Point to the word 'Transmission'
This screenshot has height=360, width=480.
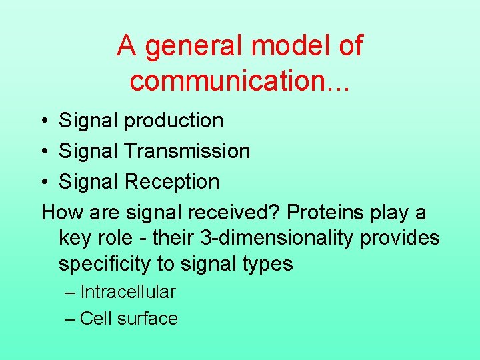187,151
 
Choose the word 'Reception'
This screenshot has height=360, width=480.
172,182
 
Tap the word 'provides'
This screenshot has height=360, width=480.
400,238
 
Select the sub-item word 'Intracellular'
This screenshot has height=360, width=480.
128,292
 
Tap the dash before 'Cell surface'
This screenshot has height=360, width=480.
71,319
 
